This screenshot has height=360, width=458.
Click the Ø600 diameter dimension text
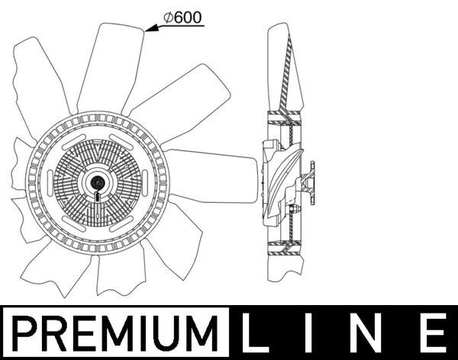[x=183, y=18]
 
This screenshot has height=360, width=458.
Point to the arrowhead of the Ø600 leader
[x=149, y=30]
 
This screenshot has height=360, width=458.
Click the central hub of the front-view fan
[x=97, y=182]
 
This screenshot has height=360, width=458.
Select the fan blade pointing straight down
[x=114, y=275]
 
